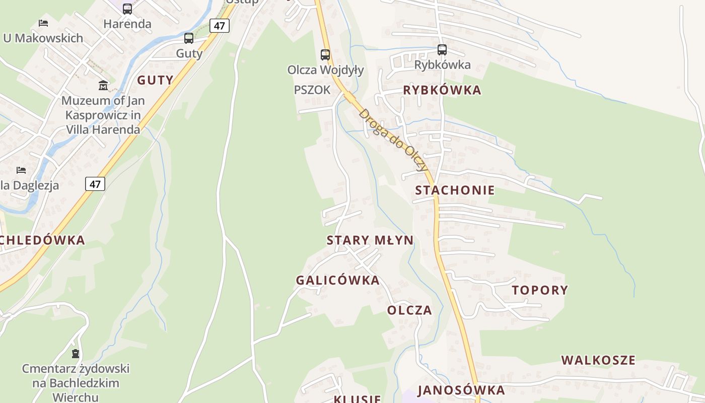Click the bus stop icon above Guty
click(189, 38)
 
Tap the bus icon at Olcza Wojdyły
click(325, 54)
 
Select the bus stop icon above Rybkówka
click(442, 50)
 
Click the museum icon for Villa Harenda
click(103, 85)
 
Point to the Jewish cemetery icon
click(76, 354)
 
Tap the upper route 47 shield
click(220, 26)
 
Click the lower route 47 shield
click(95, 184)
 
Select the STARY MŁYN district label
click(370, 240)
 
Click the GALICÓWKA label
click(337, 281)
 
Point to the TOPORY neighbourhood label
click(540, 290)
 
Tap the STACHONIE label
click(455, 190)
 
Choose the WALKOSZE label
click(598, 360)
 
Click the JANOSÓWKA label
click(461, 390)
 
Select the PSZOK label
click(312, 90)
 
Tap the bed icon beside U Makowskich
click(43, 23)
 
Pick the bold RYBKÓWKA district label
click(442, 90)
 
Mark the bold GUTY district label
click(155, 80)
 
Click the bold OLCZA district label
click(409, 310)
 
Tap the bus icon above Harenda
click(127, 9)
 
